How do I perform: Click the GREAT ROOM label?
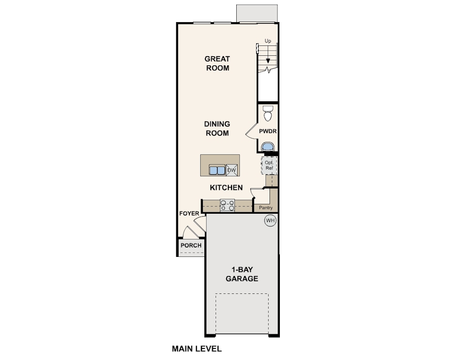217,63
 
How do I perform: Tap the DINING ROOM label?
217,128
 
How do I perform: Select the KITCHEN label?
226,187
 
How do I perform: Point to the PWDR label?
268,132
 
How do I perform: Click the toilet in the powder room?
268,113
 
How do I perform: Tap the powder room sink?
268,147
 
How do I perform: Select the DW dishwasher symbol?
232,170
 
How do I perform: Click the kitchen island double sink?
217,170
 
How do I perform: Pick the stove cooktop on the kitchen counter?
228,205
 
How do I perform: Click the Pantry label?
266,207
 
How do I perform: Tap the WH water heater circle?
270,220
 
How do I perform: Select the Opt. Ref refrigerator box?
269,165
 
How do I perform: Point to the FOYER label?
189,214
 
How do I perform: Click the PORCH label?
191,245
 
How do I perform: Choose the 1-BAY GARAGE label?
242,274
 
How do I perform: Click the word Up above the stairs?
268,41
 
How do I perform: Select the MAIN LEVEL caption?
196,349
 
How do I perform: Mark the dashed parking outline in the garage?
242,313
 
